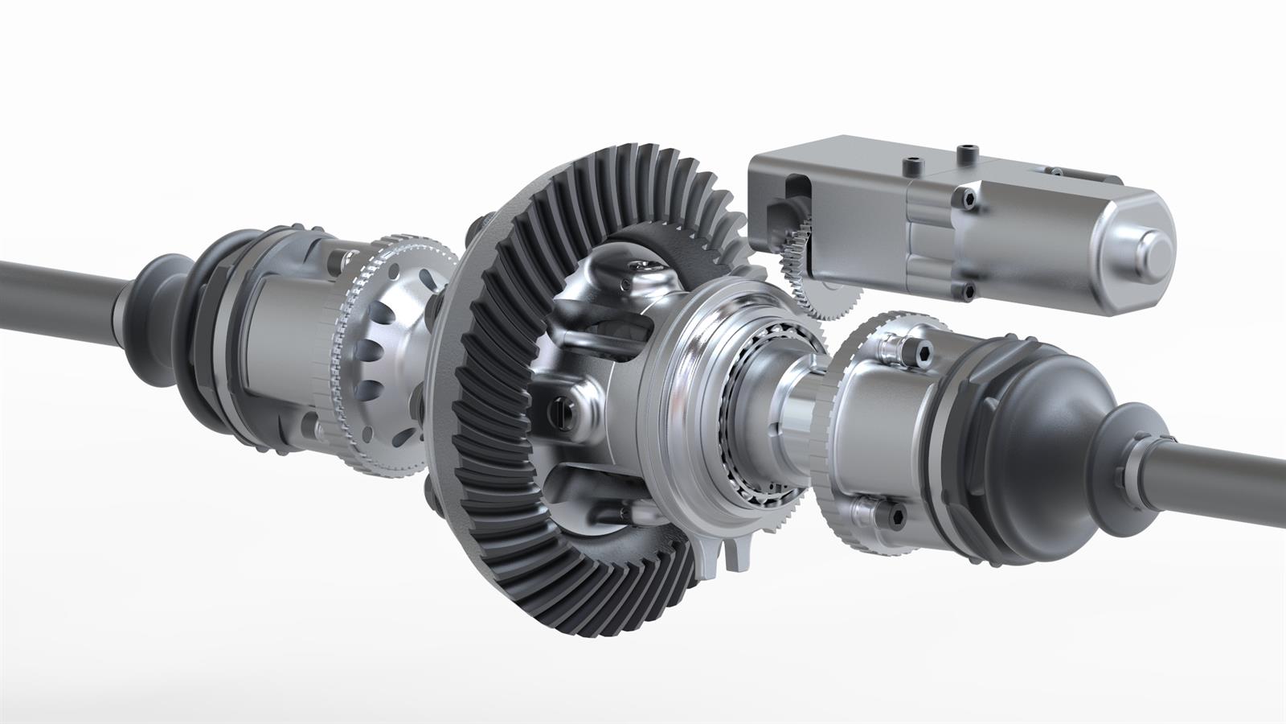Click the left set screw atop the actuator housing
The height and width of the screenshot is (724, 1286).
pos(911,166)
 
